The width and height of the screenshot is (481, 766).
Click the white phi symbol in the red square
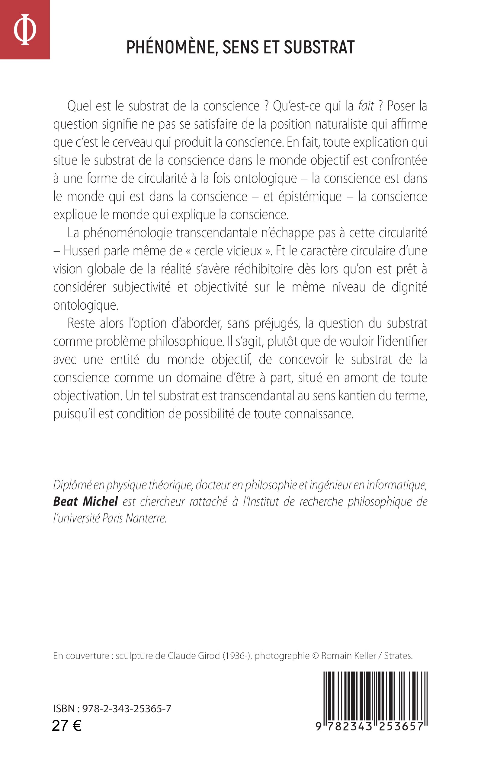point(25,30)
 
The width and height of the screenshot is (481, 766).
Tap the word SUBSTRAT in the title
point(319,47)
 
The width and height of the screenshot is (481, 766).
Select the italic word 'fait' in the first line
point(366,106)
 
